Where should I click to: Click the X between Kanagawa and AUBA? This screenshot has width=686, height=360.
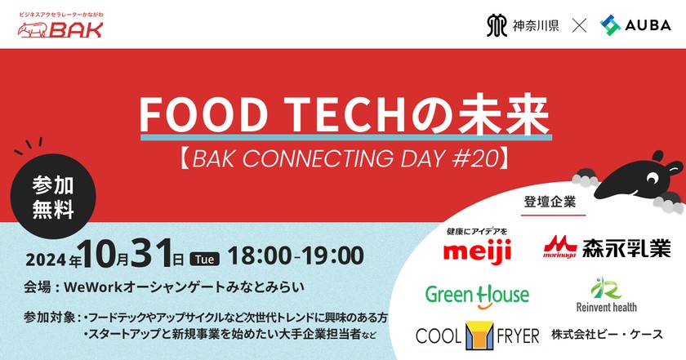click(579, 26)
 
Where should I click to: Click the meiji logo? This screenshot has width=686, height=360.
click(477, 247)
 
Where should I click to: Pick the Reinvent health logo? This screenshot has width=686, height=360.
click(606, 296)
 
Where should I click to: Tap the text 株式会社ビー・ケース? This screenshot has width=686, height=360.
click(605, 336)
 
